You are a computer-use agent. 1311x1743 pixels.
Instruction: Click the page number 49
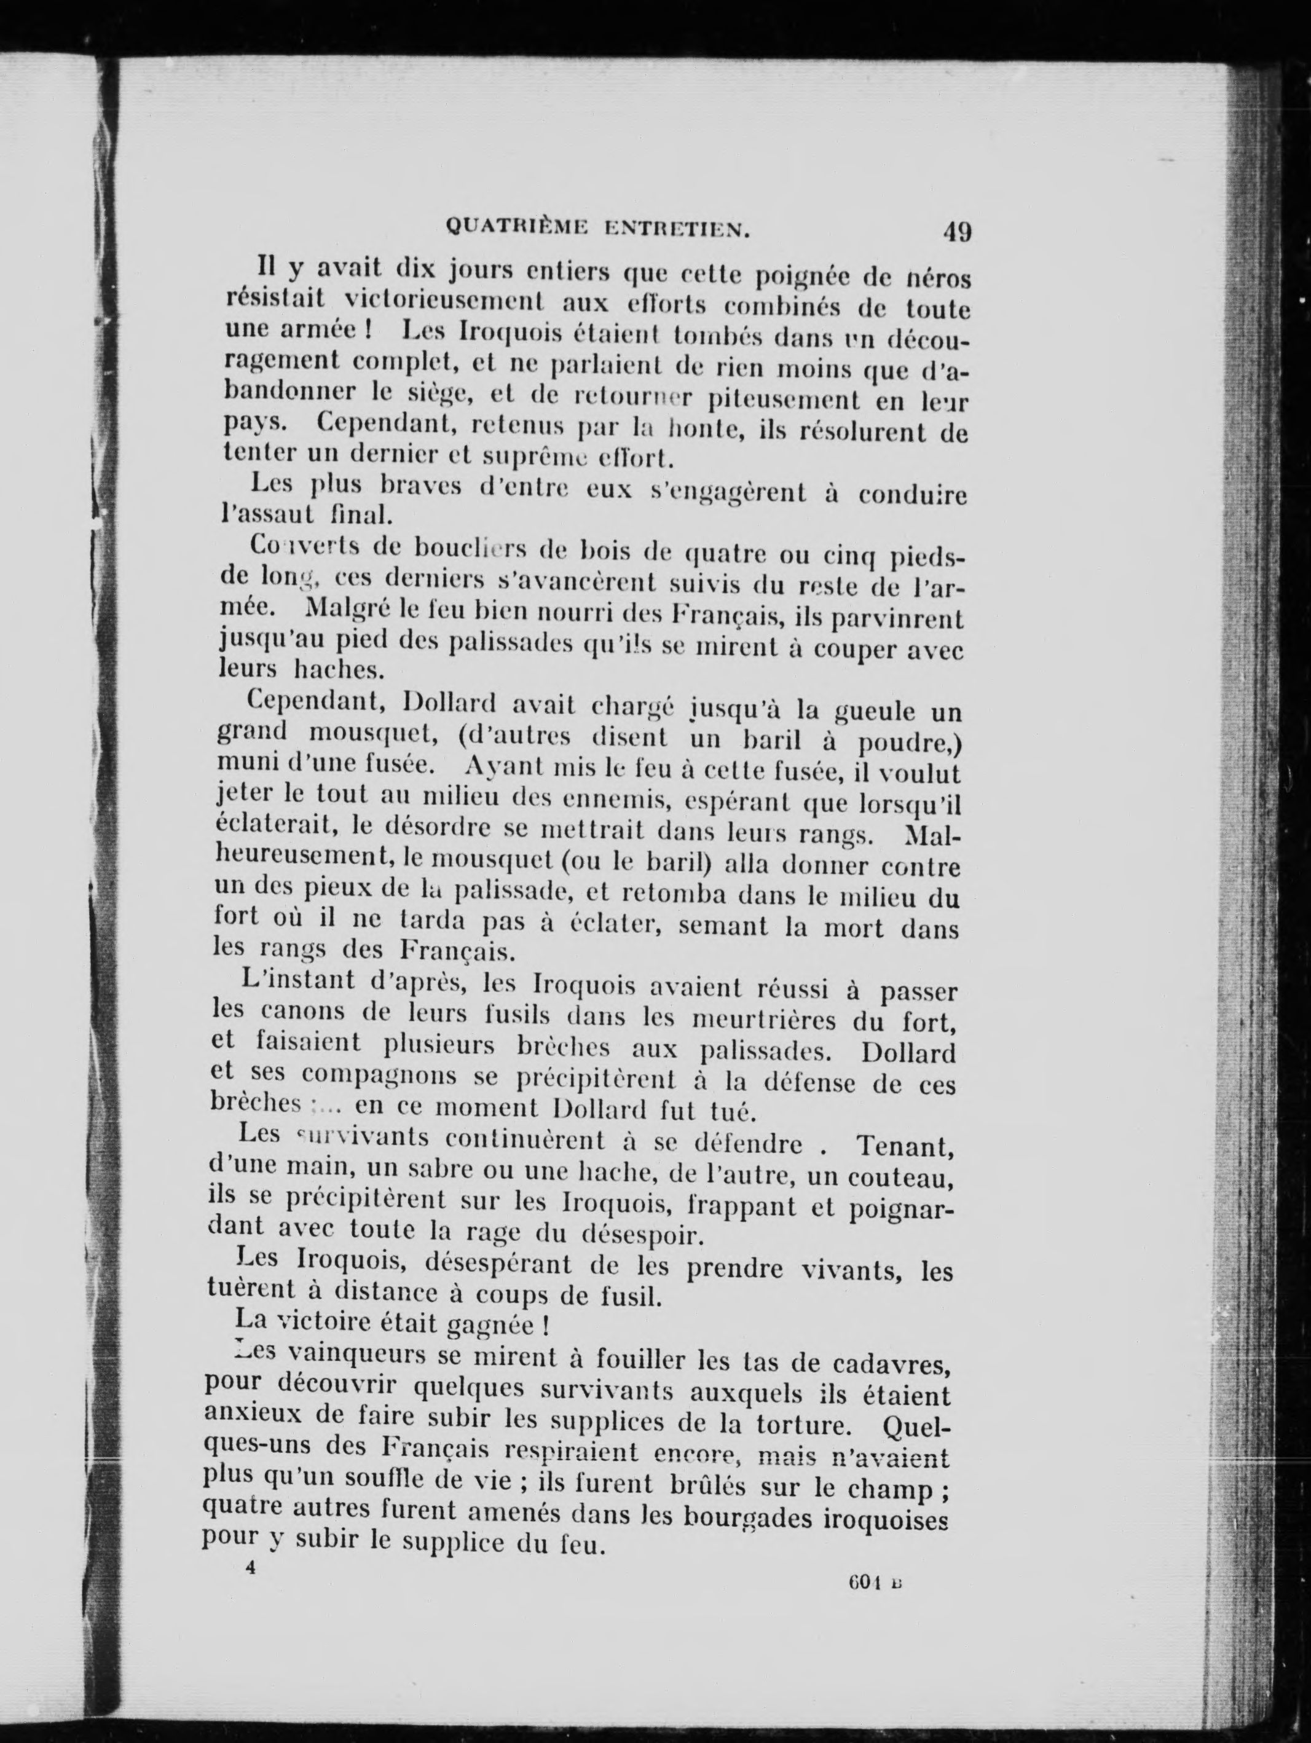tap(956, 232)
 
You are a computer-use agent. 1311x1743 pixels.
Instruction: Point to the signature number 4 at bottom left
tap(251, 1567)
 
